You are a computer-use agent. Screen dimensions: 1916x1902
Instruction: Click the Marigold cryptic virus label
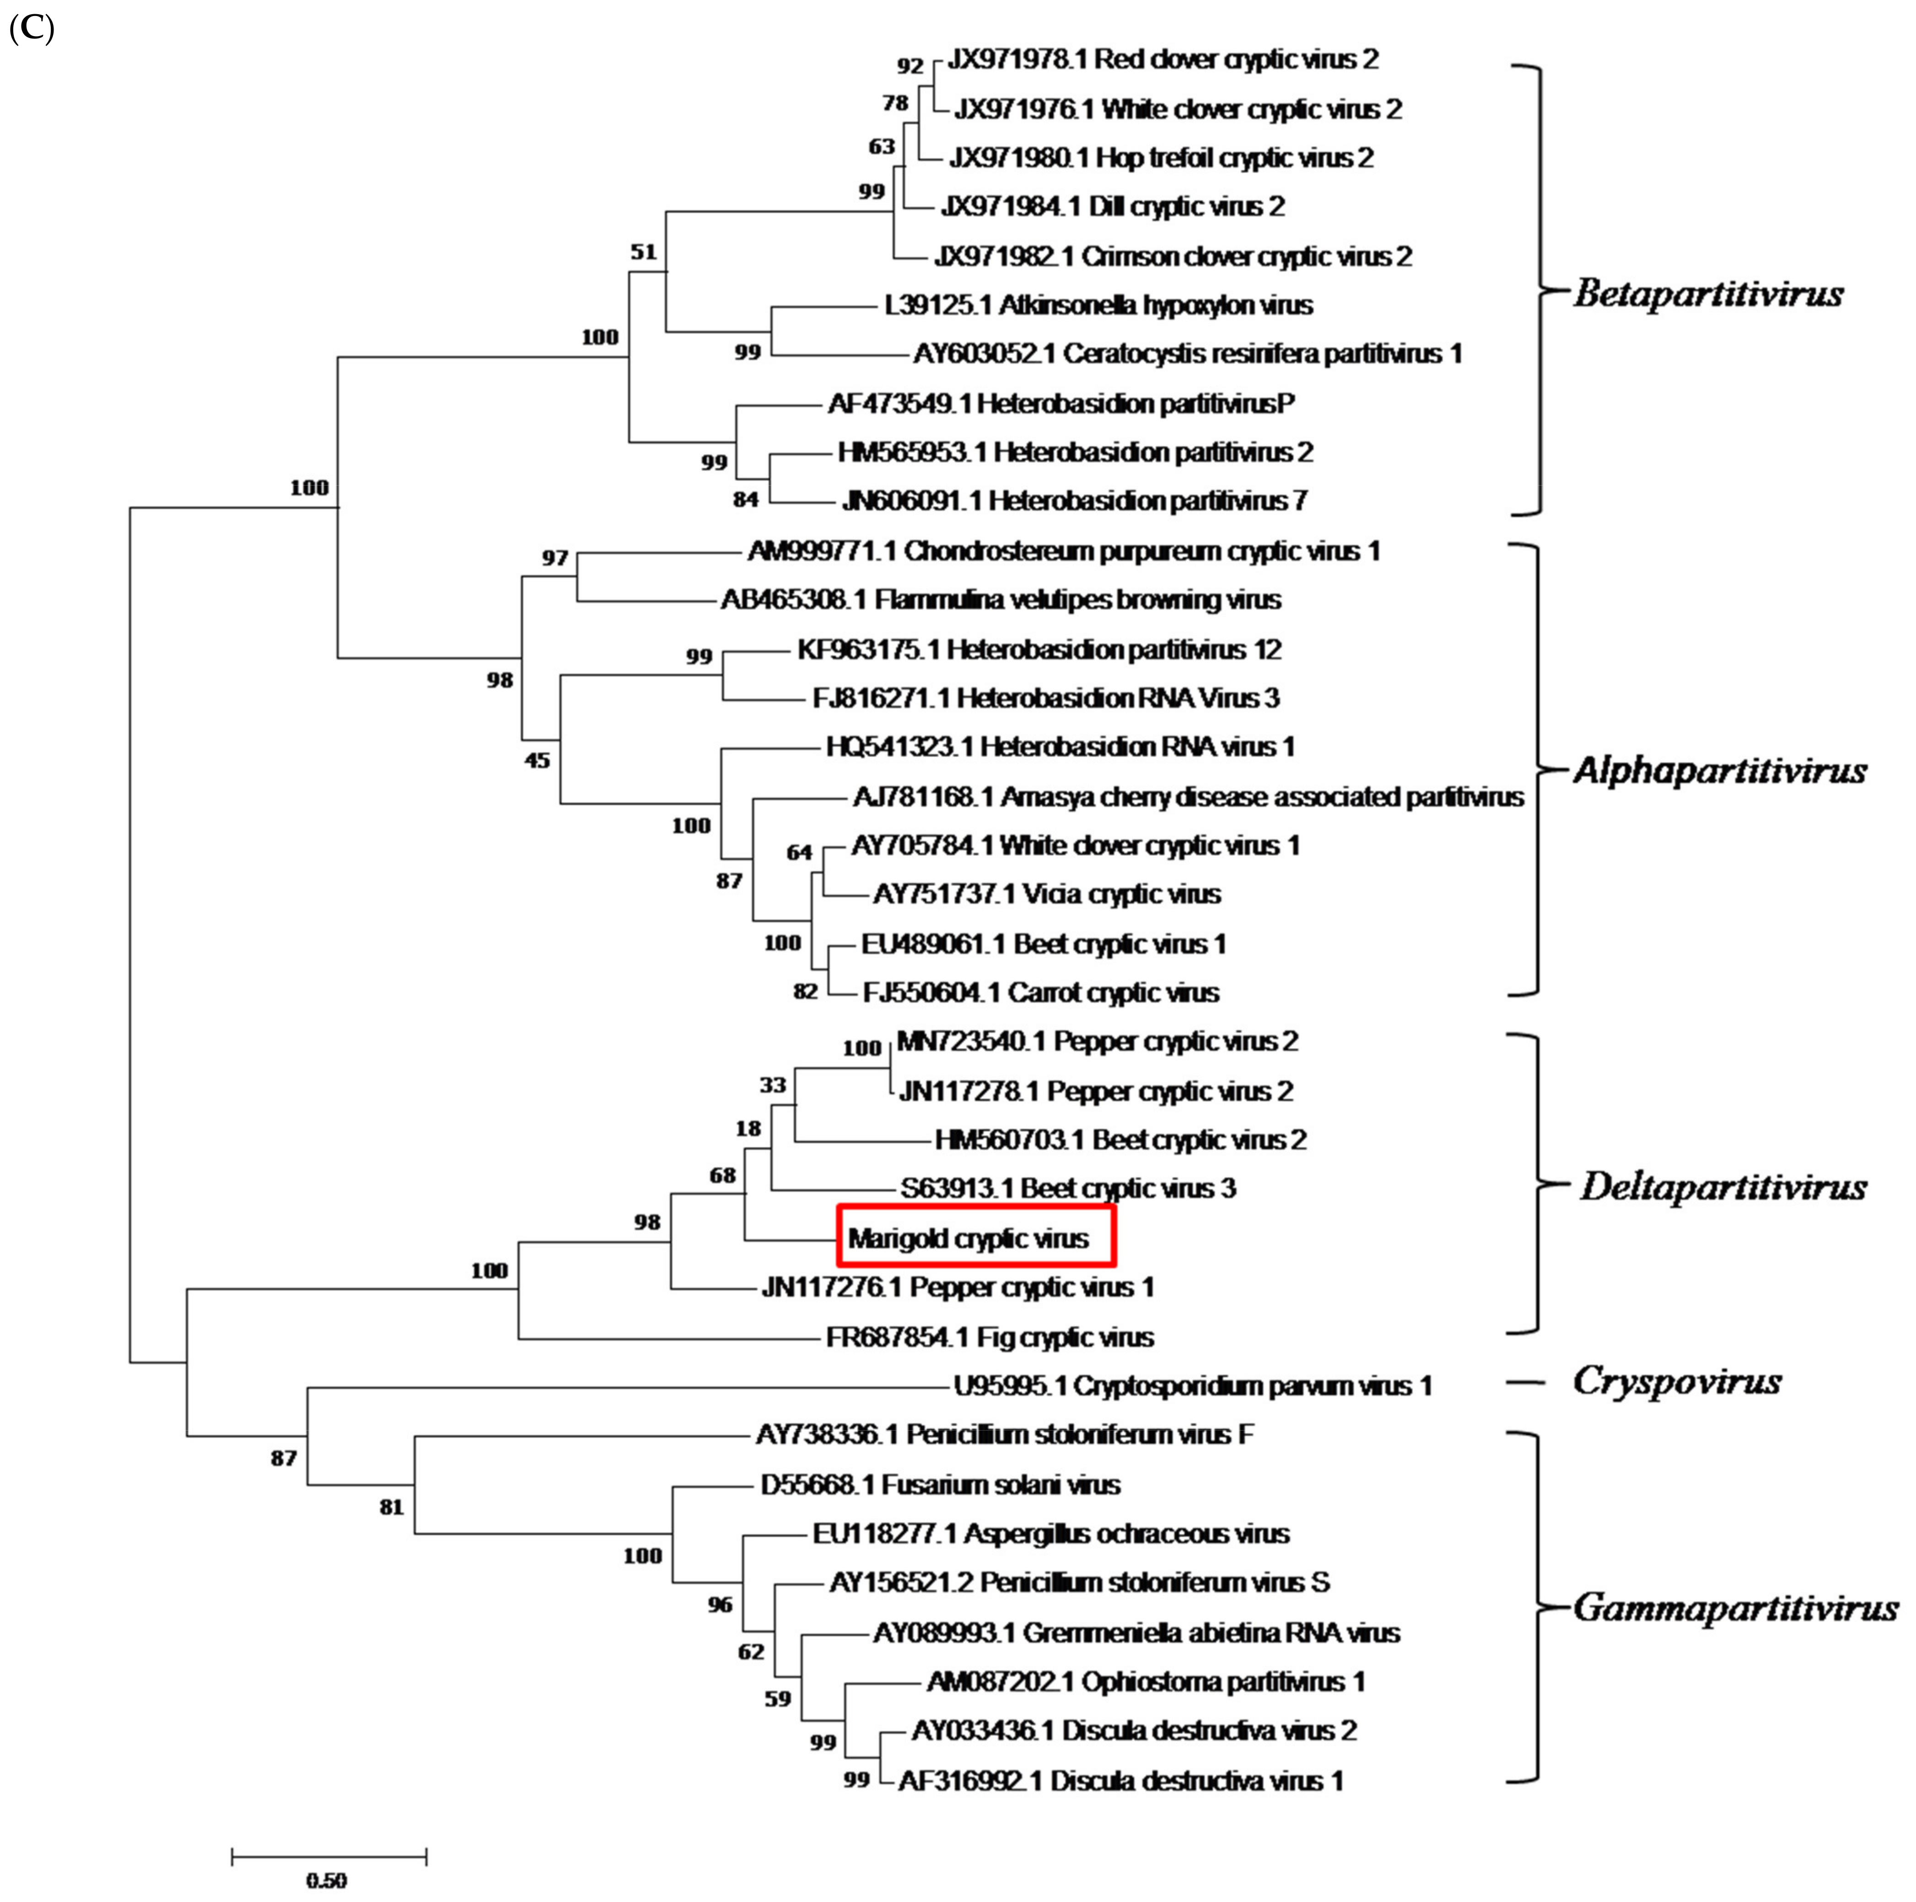pos(968,1238)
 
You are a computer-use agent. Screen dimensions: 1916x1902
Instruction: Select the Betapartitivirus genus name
pos(1708,294)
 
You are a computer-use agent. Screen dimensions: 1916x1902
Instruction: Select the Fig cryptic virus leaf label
pos(990,1337)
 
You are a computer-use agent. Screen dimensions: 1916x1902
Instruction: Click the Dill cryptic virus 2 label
pos(1113,206)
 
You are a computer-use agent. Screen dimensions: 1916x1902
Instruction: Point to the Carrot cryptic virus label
pos(1040,992)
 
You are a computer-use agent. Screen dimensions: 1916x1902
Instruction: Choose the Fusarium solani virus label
pos(940,1485)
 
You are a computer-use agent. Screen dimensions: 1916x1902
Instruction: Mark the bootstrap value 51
pos(644,252)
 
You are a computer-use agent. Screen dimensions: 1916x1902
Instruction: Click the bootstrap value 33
pos(773,1086)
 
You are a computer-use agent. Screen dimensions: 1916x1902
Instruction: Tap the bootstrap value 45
pos(537,761)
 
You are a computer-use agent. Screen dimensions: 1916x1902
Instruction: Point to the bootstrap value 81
pos(392,1507)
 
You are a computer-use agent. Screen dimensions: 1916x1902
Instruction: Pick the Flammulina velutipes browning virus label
pos(1001,599)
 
